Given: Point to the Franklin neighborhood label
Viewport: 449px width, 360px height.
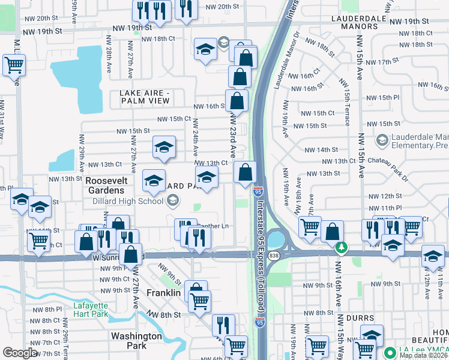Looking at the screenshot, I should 164,293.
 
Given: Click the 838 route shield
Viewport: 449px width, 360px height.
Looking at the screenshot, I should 274,256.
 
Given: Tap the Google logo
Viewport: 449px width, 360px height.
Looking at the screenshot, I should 20,353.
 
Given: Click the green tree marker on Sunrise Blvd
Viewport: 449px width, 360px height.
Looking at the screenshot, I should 342,247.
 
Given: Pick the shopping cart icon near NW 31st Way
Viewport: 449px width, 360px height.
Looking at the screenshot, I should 14,65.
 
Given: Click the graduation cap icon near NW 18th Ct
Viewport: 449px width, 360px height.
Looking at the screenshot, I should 205,49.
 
